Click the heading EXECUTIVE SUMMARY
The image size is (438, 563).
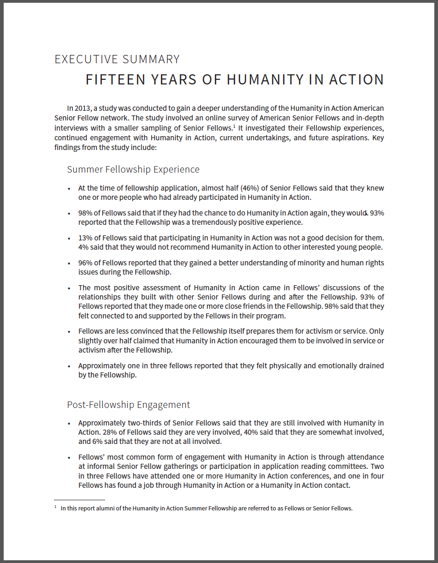(x=117, y=60)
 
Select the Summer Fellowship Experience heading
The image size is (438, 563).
(x=133, y=169)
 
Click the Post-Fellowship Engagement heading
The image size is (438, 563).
(x=129, y=405)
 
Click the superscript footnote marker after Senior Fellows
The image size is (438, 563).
(x=234, y=125)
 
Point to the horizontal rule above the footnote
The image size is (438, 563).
(x=79, y=500)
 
